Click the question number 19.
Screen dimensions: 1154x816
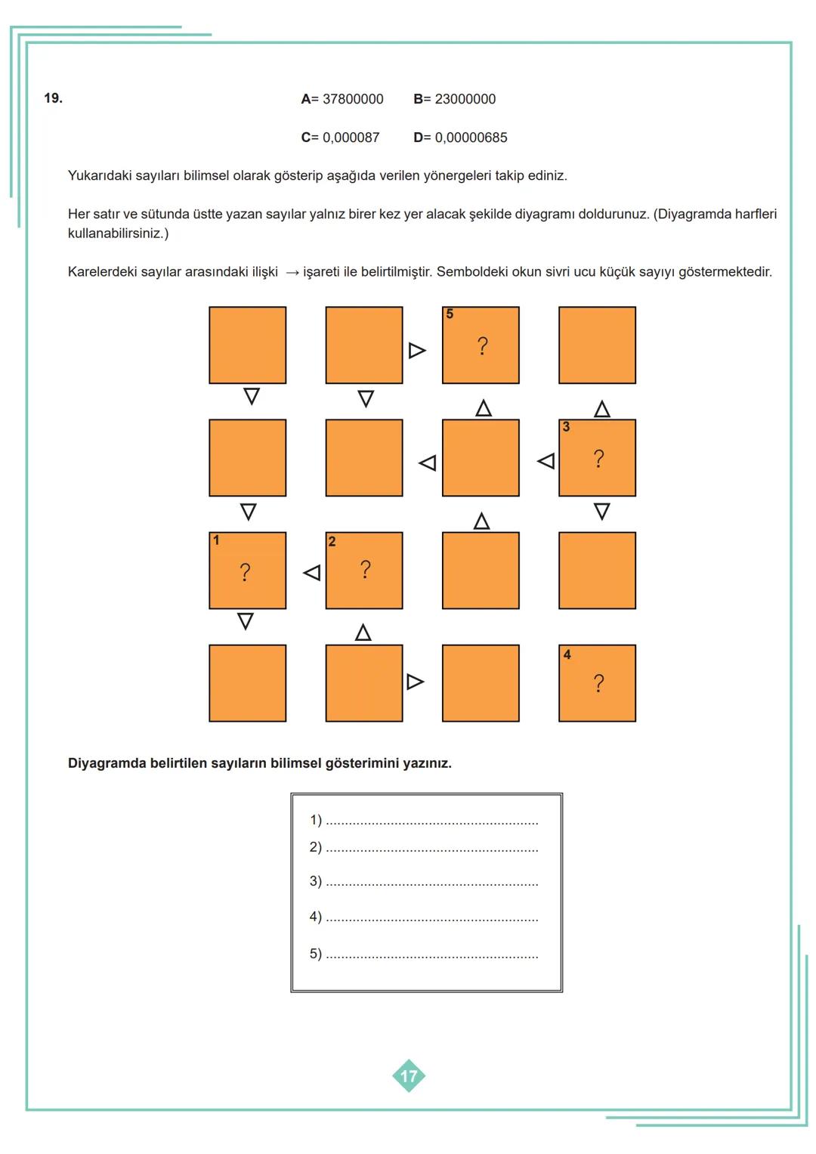[53, 98]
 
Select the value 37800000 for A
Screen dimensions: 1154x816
[353, 99]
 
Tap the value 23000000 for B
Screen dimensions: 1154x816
[465, 99]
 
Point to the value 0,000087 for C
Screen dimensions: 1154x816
[351, 138]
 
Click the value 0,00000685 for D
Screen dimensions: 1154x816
[471, 138]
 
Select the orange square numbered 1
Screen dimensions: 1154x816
[247, 571]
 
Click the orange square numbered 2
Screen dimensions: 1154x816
[364, 571]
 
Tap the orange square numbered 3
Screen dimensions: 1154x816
[597, 458]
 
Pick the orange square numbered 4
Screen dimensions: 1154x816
[597, 683]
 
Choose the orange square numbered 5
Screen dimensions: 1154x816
[481, 345]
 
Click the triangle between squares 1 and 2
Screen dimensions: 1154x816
[311, 574]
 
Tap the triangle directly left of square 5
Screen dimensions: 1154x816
[416, 351]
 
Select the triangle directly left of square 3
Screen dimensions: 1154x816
[546, 460]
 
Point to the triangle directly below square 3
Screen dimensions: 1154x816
[601, 512]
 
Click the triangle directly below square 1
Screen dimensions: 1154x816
[246, 621]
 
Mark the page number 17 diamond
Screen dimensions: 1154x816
[409, 1076]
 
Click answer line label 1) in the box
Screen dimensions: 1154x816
[315, 820]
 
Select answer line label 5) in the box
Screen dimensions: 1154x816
[315, 954]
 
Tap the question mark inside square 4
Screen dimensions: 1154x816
[599, 684]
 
